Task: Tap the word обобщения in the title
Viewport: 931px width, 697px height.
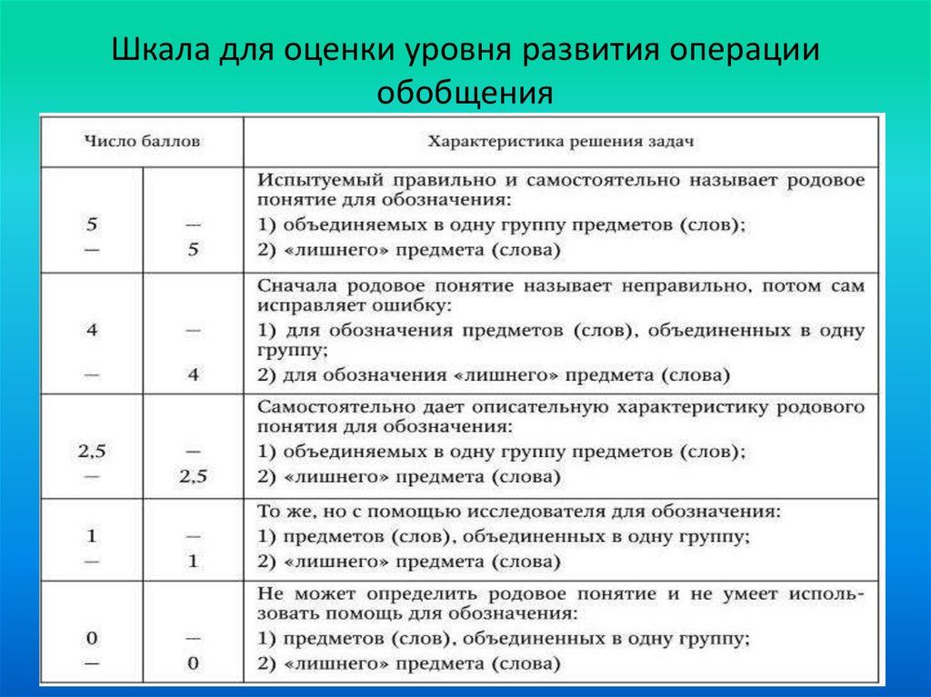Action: [x=465, y=92]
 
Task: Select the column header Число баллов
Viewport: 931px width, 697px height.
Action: [x=143, y=141]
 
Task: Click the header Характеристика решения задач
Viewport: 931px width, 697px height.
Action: [x=562, y=141]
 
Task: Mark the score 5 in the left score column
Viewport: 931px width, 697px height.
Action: [x=92, y=224]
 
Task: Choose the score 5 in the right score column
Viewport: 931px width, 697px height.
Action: [x=193, y=249]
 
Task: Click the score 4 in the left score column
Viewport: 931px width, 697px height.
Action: [x=92, y=330]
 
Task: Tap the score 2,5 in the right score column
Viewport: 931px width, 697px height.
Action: [x=193, y=475]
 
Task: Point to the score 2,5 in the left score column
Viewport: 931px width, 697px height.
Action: [x=92, y=450]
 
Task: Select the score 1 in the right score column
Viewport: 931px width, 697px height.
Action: [x=193, y=562]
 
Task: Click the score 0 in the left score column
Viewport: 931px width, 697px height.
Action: [x=92, y=637]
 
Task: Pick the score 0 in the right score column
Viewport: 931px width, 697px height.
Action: [x=193, y=663]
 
